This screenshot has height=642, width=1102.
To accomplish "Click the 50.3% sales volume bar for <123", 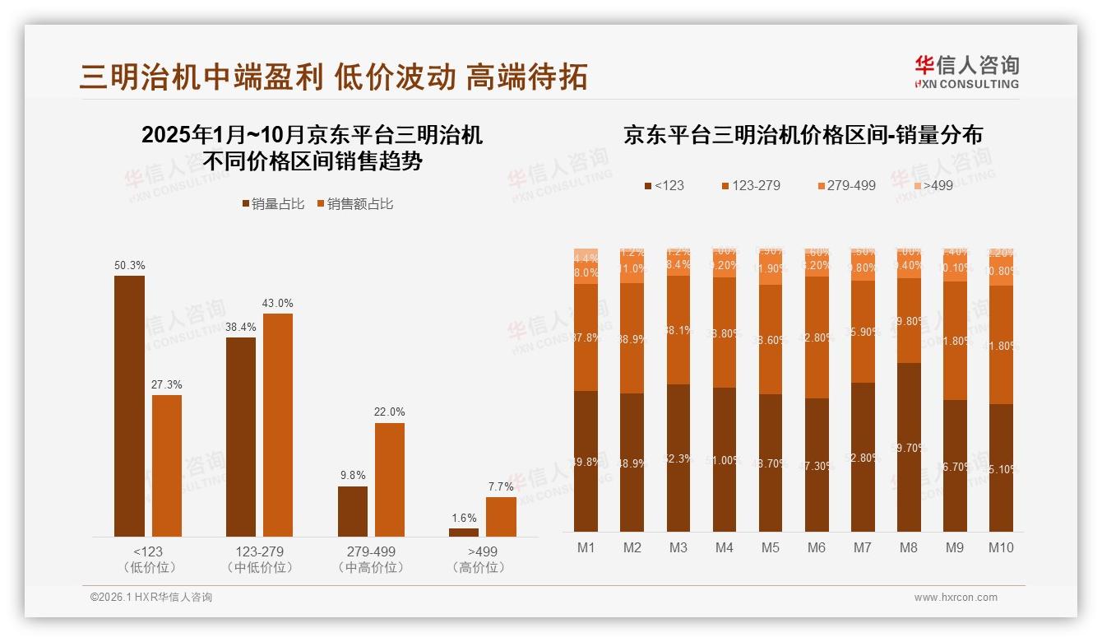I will click(x=129, y=406).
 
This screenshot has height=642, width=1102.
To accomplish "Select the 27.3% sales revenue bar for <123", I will click(x=167, y=466).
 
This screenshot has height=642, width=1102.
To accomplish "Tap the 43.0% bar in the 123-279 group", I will click(x=278, y=425).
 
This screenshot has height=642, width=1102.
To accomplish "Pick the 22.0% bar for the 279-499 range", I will click(x=390, y=479).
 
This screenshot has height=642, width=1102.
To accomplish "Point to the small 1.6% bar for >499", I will click(x=464, y=533).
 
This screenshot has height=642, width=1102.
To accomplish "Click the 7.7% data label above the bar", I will click(x=501, y=487).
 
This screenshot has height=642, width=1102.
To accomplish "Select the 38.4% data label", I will click(x=241, y=328).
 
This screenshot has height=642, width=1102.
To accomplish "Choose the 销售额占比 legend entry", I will click(x=354, y=204).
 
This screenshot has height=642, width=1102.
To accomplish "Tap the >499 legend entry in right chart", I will click(x=932, y=185).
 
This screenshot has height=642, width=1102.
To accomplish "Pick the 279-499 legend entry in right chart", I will click(x=846, y=185).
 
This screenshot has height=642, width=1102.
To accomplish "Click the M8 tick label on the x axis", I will click(x=909, y=548).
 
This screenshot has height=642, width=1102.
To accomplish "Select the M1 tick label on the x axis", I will click(x=586, y=548).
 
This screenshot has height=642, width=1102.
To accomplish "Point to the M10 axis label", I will click(x=1001, y=548).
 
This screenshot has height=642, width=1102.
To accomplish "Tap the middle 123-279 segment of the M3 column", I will click(x=678, y=330).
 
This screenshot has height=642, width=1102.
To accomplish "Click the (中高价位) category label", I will click(x=370, y=568).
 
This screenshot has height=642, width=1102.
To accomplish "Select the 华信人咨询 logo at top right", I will click(x=966, y=72).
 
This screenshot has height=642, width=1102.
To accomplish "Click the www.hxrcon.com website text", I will click(x=956, y=598).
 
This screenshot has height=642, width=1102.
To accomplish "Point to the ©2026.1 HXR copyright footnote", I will click(x=151, y=598).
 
